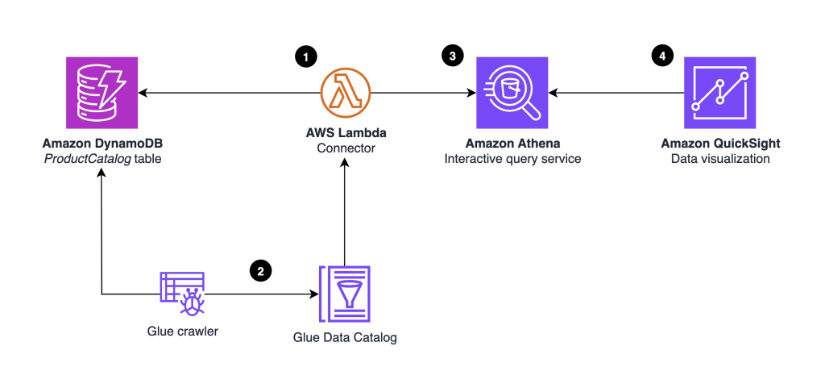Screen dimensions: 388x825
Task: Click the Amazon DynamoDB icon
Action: tap(102, 94)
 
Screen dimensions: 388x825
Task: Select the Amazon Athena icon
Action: tap(512, 94)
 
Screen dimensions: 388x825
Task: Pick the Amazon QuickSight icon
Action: tap(719, 94)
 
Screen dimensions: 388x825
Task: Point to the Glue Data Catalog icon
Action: tap(344, 295)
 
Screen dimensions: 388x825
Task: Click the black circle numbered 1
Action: tap(305, 56)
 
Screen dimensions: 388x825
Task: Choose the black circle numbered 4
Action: tap(661, 56)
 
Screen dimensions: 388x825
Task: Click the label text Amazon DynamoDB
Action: tap(102, 144)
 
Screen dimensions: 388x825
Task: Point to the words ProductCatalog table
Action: tap(102, 159)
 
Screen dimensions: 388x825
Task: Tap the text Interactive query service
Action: tap(512, 159)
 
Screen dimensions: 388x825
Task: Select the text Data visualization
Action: tap(719, 159)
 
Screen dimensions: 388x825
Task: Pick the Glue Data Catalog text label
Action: tap(344, 338)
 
